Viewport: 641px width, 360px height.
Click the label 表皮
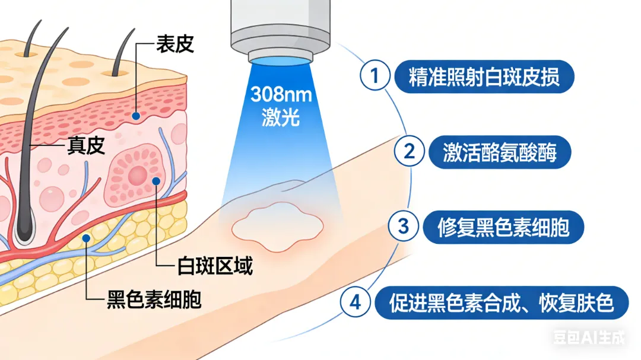click(x=174, y=44)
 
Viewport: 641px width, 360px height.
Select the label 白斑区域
click(x=215, y=266)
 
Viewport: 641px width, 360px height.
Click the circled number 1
click(x=374, y=76)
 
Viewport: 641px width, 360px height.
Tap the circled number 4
click(x=355, y=302)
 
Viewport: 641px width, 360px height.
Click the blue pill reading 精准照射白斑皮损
click(x=484, y=77)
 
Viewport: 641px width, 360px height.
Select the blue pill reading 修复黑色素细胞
click(x=503, y=227)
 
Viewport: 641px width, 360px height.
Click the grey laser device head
click(x=280, y=27)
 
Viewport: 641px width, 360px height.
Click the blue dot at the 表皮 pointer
click(x=137, y=116)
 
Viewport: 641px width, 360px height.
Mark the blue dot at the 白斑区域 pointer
click(x=156, y=181)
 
